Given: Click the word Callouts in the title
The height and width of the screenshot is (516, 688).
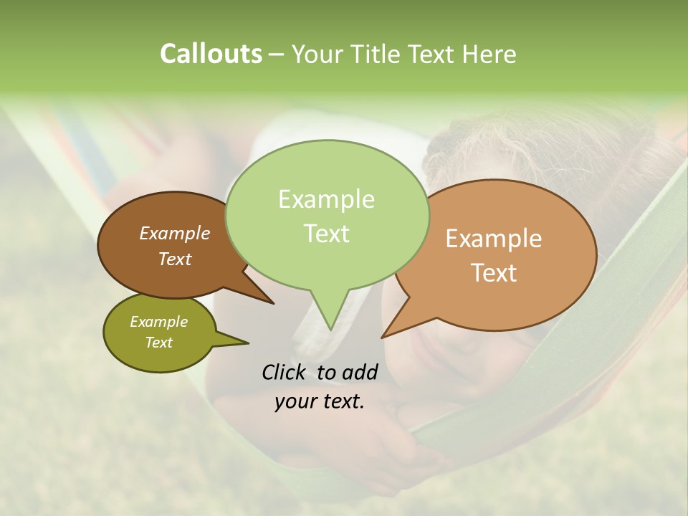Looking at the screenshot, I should pos(211,54).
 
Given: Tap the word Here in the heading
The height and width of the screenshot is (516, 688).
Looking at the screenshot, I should pos(489,54).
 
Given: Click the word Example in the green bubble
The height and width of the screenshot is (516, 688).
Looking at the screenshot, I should pos(326,199).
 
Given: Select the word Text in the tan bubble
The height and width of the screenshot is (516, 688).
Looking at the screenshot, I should pos(494,273).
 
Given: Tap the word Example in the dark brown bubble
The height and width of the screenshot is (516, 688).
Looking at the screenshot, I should pos(174,233).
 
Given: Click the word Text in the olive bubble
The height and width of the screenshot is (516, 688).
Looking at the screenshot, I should pos(158,343).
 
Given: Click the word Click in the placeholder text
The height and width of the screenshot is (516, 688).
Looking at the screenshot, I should pos(284,372).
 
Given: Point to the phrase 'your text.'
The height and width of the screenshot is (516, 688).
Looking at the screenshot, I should pos(320,401).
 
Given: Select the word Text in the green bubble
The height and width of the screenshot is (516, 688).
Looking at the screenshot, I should pos(327,234).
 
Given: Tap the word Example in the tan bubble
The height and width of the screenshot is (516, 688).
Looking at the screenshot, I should pos(494,239).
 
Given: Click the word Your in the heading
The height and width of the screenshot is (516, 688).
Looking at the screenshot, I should pos(319,54).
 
